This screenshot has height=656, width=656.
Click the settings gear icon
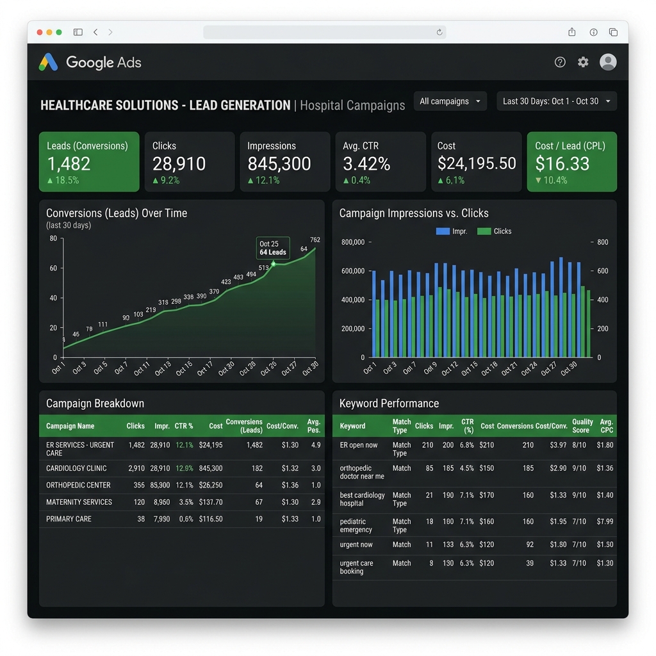[x=583, y=62]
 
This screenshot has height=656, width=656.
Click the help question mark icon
[x=560, y=62]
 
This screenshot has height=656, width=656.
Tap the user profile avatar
[x=608, y=62]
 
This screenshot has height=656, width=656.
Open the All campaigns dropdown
[x=450, y=101]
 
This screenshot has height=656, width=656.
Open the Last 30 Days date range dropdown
[x=557, y=101]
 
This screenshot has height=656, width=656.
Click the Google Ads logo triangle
[x=48, y=62]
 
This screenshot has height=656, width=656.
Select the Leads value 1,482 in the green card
[x=69, y=163]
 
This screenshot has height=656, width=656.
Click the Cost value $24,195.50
[x=477, y=163]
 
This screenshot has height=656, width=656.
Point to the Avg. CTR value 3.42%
[x=366, y=163]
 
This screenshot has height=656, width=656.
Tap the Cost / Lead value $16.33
[x=562, y=163]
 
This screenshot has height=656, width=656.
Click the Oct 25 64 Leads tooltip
[x=273, y=248]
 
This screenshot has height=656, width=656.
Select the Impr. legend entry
[x=452, y=231]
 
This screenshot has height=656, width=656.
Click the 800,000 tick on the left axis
[x=353, y=242]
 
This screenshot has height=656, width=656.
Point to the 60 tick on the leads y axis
[x=53, y=268]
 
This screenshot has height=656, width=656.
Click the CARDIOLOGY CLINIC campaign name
[x=76, y=468]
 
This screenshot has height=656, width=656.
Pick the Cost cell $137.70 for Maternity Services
[x=211, y=502]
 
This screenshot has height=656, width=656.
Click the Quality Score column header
[x=582, y=426]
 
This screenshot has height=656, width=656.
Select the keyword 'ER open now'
[x=359, y=445]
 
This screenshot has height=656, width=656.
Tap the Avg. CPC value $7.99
[x=605, y=521]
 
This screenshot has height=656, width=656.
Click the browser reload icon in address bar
[x=439, y=32]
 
